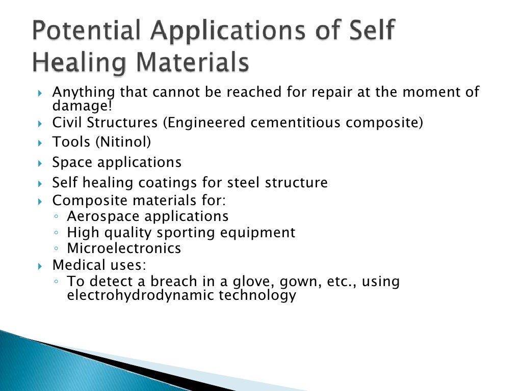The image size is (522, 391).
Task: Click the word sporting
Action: click(186, 233)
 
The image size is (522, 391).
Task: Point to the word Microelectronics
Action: click(124, 248)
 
